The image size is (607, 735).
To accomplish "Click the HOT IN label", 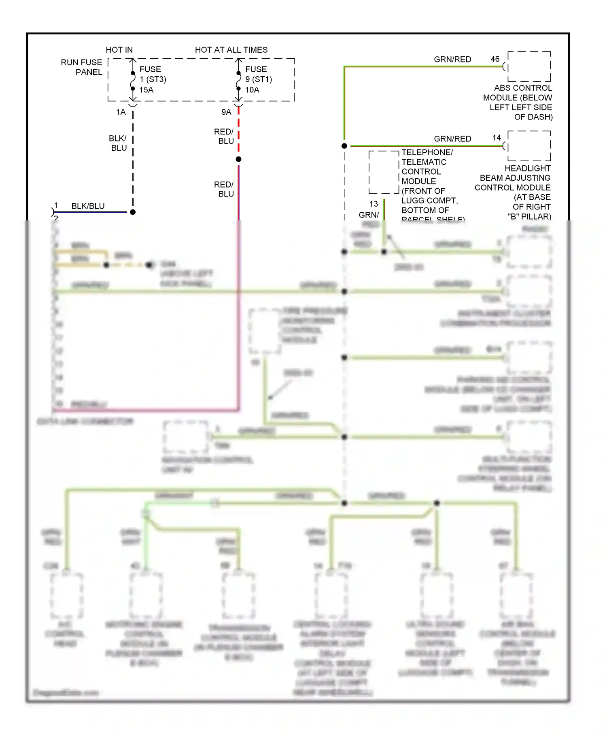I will pyautogui.click(x=119, y=50).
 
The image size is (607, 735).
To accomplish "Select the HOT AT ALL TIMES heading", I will pyautogui.click(x=231, y=50).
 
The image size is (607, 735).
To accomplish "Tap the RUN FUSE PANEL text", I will pyautogui.click(x=82, y=67).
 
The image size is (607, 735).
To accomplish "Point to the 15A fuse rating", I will pyautogui.click(x=146, y=90).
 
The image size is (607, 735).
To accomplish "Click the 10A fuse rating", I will pyautogui.click(x=252, y=90).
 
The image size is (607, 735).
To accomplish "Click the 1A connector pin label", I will pyautogui.click(x=121, y=112).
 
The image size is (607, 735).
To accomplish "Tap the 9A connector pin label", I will pyautogui.click(x=226, y=112).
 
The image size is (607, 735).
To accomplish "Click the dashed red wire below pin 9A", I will pyautogui.click(x=239, y=132).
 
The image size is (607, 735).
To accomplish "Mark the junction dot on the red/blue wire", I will pyautogui.click(x=239, y=159).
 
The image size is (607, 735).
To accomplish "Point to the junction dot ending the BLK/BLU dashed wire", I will pyautogui.click(x=133, y=212).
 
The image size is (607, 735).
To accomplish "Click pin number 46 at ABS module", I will pyautogui.click(x=495, y=59).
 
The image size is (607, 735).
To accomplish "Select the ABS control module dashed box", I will pyautogui.click(x=529, y=66).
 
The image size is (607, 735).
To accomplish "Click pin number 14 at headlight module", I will pyautogui.click(x=497, y=138).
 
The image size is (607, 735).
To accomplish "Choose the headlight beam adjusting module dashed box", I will pyautogui.click(x=529, y=146).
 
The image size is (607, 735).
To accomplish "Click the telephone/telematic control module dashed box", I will pyautogui.click(x=384, y=172).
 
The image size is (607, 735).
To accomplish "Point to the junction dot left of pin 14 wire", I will pyautogui.click(x=344, y=146).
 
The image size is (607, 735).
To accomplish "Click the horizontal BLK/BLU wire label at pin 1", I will pyautogui.click(x=88, y=206).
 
